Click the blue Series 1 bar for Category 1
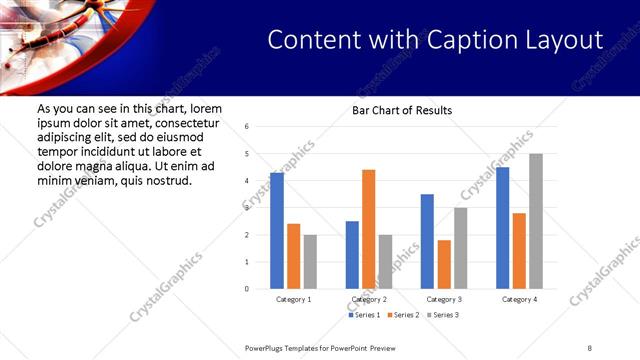point(277,231)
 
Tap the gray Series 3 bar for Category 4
point(536,221)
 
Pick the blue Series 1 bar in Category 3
point(427,241)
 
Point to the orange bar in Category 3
point(444,264)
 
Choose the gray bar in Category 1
point(310,262)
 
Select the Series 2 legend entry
point(402,315)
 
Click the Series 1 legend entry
point(364,315)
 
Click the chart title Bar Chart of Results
point(402,110)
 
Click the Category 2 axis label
point(369,299)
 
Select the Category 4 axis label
point(519,299)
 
